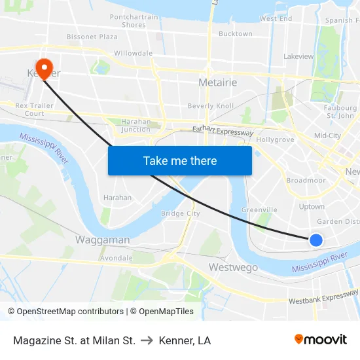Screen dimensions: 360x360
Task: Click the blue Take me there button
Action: point(180,160)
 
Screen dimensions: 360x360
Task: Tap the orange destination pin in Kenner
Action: point(45,67)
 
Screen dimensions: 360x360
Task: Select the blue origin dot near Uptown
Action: point(315,240)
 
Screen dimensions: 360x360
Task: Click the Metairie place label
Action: point(217,82)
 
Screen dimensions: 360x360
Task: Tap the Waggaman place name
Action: point(102,240)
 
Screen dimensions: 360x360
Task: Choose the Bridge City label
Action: point(181,213)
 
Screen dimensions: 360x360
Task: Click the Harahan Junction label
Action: point(136,125)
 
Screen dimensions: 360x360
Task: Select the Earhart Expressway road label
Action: point(223,132)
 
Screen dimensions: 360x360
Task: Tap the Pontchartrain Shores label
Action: point(134,21)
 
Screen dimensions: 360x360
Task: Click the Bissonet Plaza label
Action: point(92,37)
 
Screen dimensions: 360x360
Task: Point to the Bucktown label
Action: point(235,33)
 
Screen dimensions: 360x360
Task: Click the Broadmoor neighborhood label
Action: point(306,180)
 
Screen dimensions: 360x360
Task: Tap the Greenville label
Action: point(259,209)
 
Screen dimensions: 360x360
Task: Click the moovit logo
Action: point(321,339)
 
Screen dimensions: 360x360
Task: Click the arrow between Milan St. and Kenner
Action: point(147,340)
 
